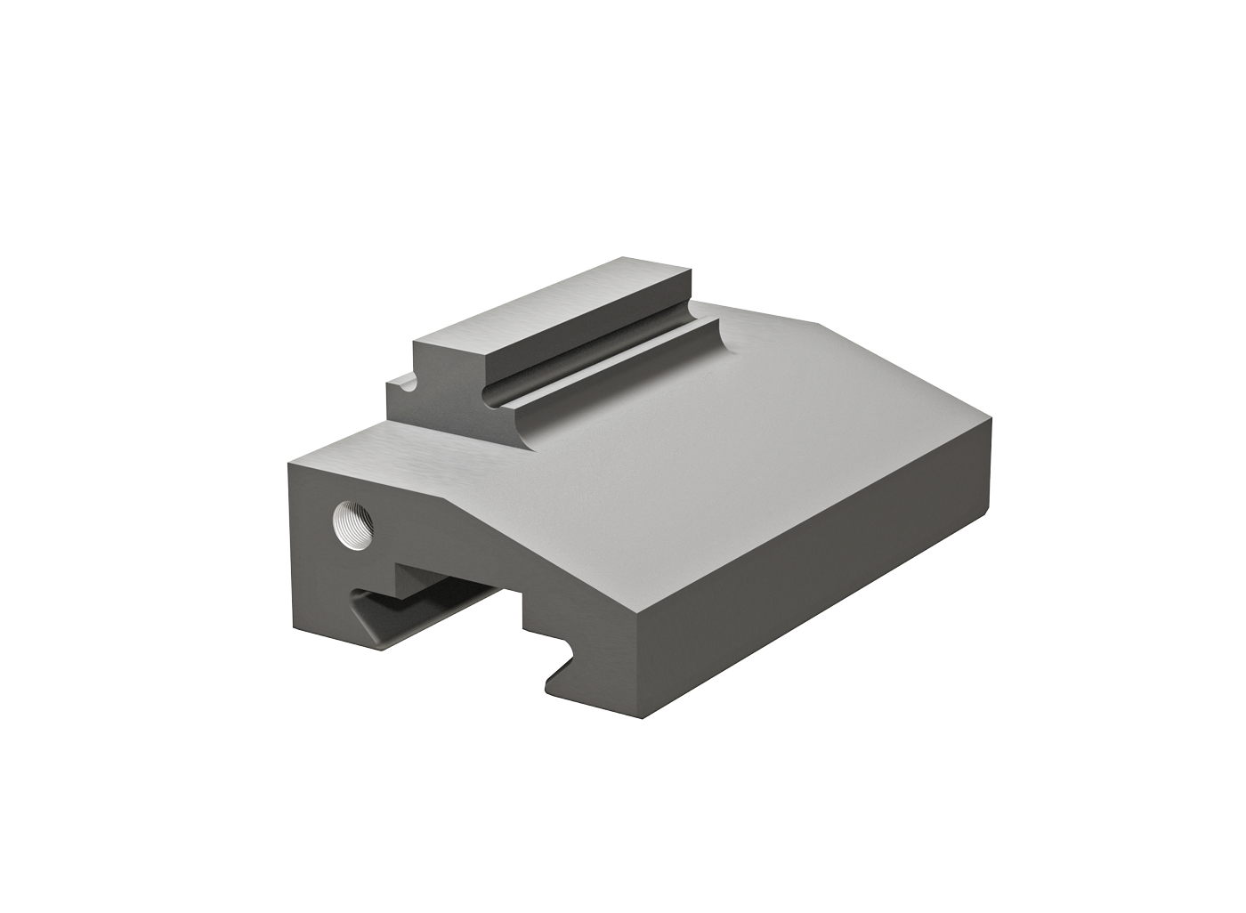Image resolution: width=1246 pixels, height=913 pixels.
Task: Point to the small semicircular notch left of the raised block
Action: click(x=407, y=384)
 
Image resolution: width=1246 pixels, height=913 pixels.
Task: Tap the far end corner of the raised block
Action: click(x=691, y=268)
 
